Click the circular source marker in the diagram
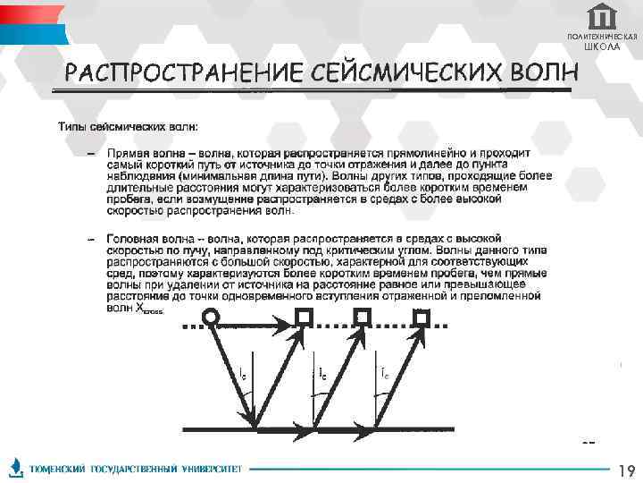[211, 316]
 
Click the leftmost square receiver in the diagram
[305, 316]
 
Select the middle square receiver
[362, 316]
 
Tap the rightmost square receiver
[421, 316]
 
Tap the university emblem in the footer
[16, 468]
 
